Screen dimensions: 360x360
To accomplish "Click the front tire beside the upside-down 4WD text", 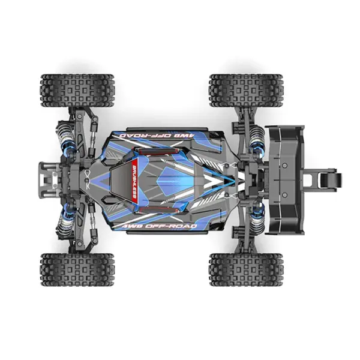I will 77,89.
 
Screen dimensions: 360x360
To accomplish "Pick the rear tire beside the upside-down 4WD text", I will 245,89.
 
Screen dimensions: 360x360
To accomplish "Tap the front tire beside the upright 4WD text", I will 77,268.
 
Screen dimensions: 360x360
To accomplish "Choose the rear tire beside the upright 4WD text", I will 245,268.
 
